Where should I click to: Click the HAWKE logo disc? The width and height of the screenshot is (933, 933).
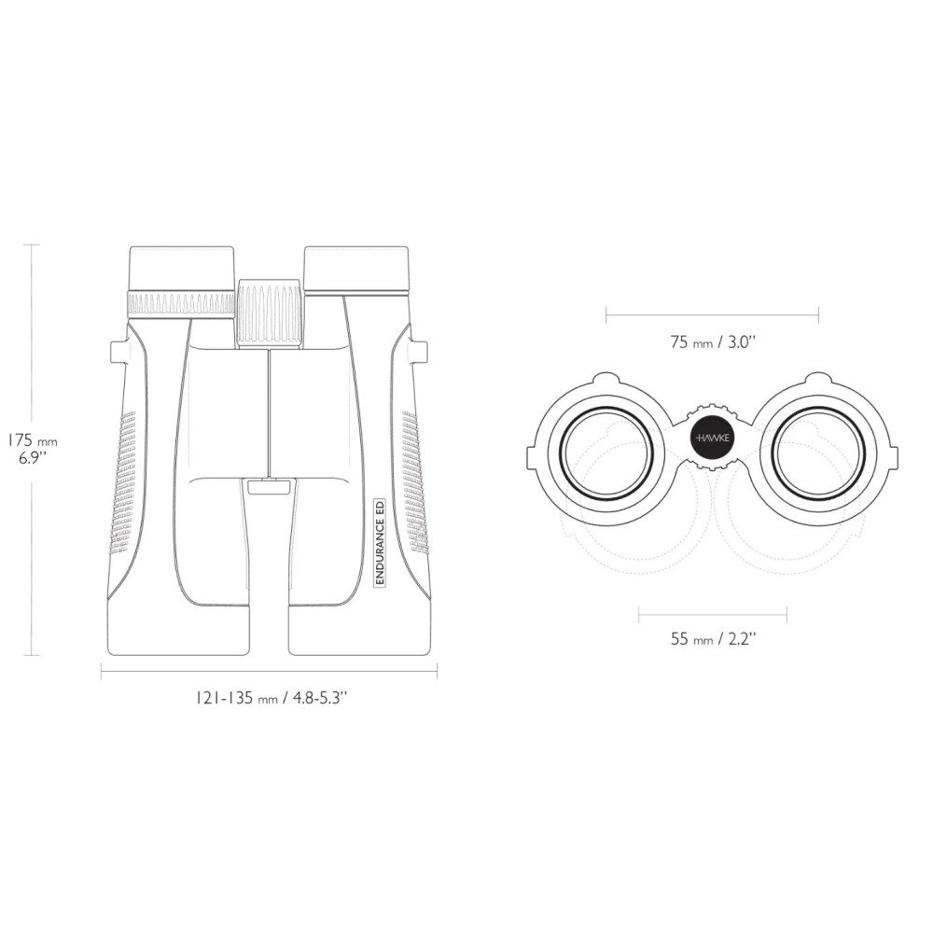pyautogui.click(x=713, y=438)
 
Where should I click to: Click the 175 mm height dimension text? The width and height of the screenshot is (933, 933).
pyautogui.click(x=32, y=441)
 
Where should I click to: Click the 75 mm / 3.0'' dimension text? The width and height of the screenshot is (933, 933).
pyautogui.click(x=712, y=342)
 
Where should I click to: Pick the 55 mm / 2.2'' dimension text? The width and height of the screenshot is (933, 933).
pyautogui.click(x=713, y=639)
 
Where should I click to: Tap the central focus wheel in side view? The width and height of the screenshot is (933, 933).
pyautogui.click(x=271, y=313)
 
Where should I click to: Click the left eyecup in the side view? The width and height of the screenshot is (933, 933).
pyautogui.click(x=181, y=269)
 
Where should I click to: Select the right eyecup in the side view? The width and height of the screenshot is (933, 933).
pyautogui.click(x=356, y=269)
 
